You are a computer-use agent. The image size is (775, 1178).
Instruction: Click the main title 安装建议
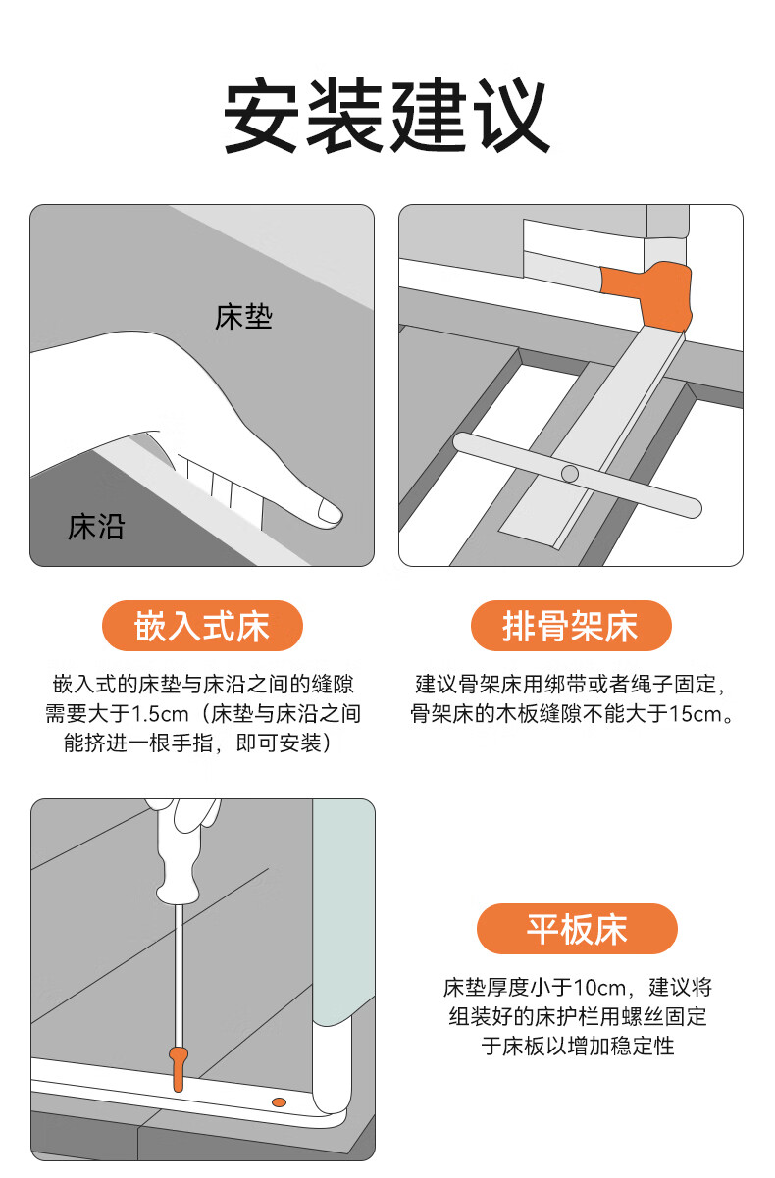point(387,115)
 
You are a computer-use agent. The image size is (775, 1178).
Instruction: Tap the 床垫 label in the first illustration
point(243,317)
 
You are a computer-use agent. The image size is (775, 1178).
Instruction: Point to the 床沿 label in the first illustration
point(96,527)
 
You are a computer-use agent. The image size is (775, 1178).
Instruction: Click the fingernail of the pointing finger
point(330,511)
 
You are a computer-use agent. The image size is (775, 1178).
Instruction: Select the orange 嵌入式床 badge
point(202,626)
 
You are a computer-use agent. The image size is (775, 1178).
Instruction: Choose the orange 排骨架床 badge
point(571,626)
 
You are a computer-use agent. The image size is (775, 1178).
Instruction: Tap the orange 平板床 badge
point(577,929)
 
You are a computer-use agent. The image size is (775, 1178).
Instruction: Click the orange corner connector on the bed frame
point(648,295)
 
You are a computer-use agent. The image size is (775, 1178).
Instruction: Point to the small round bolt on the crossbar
point(570,474)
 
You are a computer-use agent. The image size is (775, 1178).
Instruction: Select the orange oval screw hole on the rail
point(279,1101)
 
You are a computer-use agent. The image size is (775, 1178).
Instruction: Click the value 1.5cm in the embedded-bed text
point(160,714)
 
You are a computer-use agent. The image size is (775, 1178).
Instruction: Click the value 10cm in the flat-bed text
point(598,988)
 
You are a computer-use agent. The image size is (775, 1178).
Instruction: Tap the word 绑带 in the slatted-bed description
point(566,685)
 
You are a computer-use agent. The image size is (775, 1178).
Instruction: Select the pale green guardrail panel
point(343,911)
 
